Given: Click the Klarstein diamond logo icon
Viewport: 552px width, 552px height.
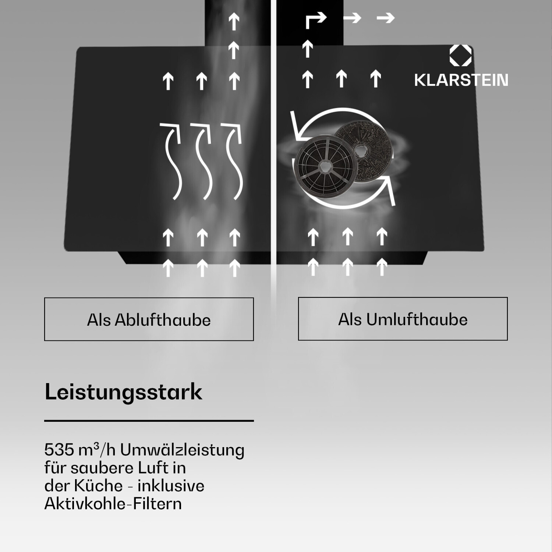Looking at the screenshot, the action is [461, 56].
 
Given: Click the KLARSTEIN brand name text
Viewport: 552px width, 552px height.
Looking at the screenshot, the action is [461, 80].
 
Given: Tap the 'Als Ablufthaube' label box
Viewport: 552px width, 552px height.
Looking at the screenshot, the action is [149, 319].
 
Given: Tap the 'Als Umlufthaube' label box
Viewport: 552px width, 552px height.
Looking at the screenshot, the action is [403, 319].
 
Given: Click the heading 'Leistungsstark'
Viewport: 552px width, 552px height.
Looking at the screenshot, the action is [123, 392].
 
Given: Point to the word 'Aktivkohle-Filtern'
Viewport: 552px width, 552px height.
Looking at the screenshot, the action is [113, 503].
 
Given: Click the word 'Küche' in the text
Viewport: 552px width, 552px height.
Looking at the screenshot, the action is [98, 485].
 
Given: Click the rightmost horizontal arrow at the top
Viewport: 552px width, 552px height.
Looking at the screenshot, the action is [386, 17].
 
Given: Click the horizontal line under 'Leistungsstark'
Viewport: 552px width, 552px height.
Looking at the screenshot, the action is [149, 420].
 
